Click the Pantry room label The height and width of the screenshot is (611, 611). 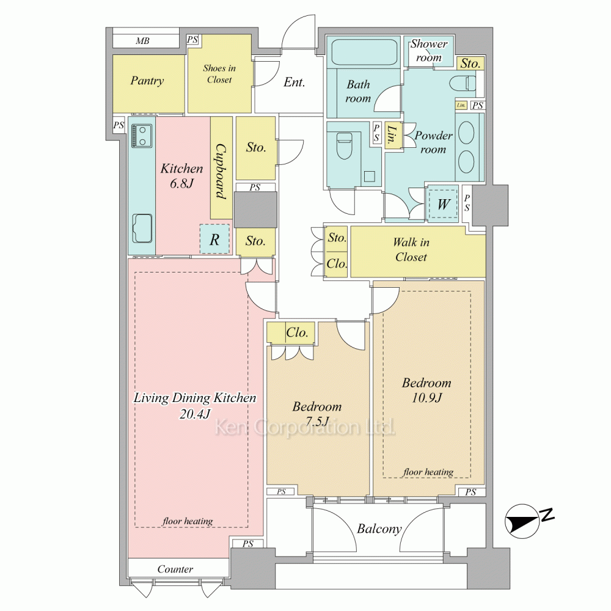pyautogui.click(x=147, y=81)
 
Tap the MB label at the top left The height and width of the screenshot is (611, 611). pyautogui.click(x=142, y=41)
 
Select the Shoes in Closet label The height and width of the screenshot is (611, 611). pyautogui.click(x=219, y=74)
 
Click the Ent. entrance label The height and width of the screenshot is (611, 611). pyautogui.click(x=295, y=82)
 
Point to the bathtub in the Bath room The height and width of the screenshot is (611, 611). pyautogui.click(x=363, y=53)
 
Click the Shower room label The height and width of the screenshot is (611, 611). pyautogui.click(x=429, y=51)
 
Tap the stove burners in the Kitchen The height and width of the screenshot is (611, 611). pyautogui.click(x=142, y=136)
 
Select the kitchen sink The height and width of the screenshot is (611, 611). pyautogui.click(x=142, y=229)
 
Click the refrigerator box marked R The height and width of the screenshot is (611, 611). pyautogui.click(x=214, y=240)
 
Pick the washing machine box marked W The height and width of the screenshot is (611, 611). pyautogui.click(x=443, y=204)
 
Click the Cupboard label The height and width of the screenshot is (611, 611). pyautogui.click(x=221, y=172)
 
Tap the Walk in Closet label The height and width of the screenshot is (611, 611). pyautogui.click(x=411, y=250)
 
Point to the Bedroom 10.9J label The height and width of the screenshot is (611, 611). pyautogui.click(x=426, y=390)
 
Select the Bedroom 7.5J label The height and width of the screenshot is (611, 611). pyautogui.click(x=316, y=414)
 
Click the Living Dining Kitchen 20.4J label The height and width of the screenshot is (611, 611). pyautogui.click(x=195, y=406)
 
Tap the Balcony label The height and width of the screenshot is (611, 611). pyautogui.click(x=379, y=529)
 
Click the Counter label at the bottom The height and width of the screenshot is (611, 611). pyautogui.click(x=175, y=569)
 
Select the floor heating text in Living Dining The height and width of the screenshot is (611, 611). pyautogui.click(x=188, y=521)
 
